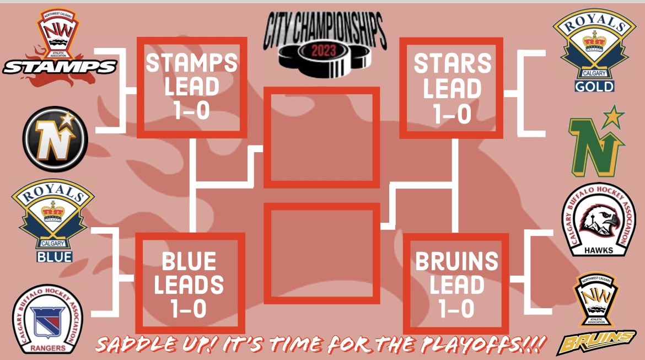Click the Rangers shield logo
[x=48, y=320]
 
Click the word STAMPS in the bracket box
[x=192, y=63]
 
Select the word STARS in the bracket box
[x=452, y=64]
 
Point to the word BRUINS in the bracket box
[x=456, y=261]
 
